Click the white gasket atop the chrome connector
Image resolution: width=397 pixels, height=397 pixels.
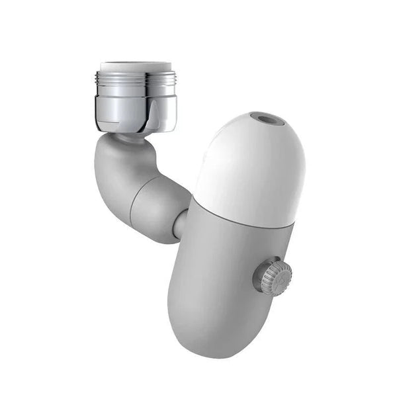click(136, 66)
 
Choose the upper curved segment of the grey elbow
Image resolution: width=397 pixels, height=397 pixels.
click(122, 165)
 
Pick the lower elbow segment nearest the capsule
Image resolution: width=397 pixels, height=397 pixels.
click(159, 208)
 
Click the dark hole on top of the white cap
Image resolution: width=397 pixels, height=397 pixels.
click(269, 120)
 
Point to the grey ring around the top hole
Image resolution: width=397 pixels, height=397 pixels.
click(259, 119)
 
